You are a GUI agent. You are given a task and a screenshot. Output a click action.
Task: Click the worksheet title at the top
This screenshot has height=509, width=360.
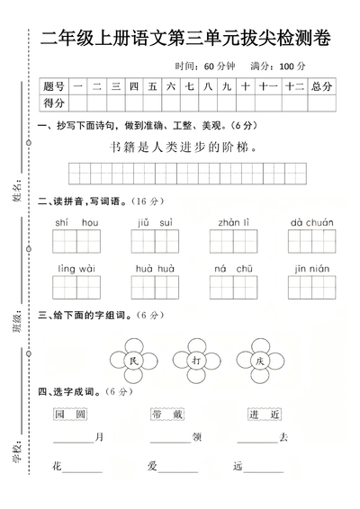tap(185, 39)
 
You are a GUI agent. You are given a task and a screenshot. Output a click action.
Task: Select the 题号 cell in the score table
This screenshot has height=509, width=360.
tap(54, 86)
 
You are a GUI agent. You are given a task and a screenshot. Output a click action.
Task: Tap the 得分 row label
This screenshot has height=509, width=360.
tap(54, 103)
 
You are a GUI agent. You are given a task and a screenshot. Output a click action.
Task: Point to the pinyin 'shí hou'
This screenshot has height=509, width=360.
tap(76, 222)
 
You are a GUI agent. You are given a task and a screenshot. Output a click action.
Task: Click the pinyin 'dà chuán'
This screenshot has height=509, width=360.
tap(311, 222)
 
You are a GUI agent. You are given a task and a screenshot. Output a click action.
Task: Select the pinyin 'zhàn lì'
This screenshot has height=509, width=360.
tap(233, 222)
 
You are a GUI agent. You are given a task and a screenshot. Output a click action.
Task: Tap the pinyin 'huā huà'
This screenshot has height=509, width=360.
tap(155, 268)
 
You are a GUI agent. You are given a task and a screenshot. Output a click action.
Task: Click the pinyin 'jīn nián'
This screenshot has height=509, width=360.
tap(311, 268)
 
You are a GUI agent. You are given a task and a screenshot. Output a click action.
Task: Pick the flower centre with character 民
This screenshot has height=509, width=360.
tap(109, 361)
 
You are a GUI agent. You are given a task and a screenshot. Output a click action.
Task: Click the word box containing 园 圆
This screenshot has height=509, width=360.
tap(69, 414)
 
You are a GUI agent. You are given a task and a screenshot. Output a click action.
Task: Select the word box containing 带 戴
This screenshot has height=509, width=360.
tap(168, 414)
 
